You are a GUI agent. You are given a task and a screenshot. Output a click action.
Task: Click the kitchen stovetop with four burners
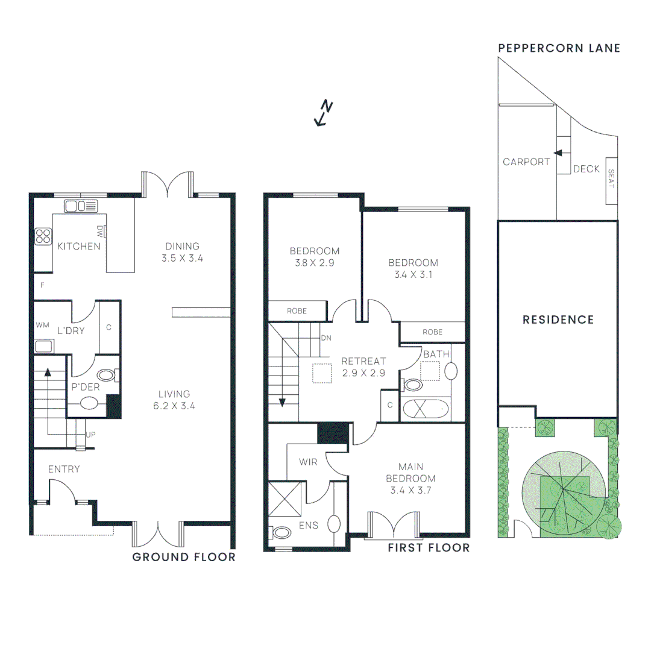(43, 236)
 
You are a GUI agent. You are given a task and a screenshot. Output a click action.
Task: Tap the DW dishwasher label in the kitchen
(100, 231)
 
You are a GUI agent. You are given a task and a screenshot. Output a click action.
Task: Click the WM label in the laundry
(42, 325)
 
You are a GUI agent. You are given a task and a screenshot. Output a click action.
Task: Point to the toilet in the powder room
(106, 376)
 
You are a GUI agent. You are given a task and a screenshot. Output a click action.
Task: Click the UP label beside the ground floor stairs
(91, 434)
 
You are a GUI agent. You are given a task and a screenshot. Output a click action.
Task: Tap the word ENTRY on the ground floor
(64, 469)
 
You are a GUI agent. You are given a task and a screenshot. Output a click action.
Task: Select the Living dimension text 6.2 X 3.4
(174, 406)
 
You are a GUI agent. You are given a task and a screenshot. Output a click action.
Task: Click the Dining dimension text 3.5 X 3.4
(182, 258)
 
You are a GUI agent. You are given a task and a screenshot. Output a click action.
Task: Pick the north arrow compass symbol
(324, 113)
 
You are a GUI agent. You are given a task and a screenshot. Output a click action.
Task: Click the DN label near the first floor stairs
(326, 338)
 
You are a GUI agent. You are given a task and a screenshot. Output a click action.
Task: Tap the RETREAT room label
(363, 361)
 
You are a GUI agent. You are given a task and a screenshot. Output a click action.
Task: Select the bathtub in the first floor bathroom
(427, 409)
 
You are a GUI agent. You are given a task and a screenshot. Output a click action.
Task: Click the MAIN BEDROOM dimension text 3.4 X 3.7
(410, 490)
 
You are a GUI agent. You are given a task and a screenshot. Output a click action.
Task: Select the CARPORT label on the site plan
(526, 162)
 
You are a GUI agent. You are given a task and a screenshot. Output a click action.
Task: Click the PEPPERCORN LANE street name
(558, 48)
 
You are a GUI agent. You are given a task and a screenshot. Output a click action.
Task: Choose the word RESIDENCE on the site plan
(558, 319)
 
